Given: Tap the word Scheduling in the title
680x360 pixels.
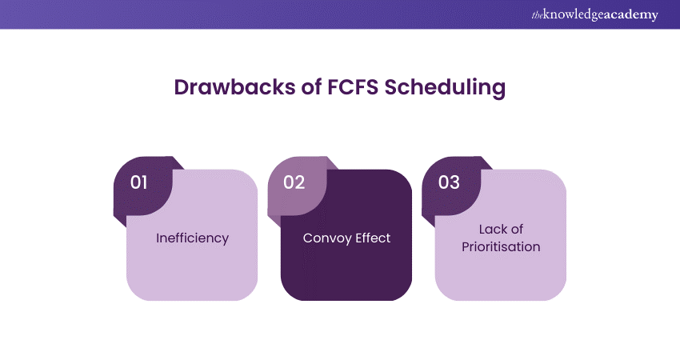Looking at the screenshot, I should pyautogui.click(x=445, y=88).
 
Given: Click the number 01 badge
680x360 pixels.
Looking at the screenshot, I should pyautogui.click(x=139, y=182).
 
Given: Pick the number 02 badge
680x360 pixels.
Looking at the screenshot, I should pyautogui.click(x=294, y=182).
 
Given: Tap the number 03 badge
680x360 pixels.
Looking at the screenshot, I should pyautogui.click(x=449, y=182).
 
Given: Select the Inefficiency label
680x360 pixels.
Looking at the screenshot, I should pyautogui.click(x=192, y=238).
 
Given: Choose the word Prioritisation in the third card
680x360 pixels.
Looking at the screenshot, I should pyautogui.click(x=501, y=247).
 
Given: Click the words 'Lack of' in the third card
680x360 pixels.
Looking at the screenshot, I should pyautogui.click(x=501, y=230).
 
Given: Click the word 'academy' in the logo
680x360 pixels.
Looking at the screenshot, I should pyautogui.click(x=631, y=15).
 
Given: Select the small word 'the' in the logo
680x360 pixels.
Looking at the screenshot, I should pyautogui.click(x=537, y=14).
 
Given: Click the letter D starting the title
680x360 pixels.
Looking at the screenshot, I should pyautogui.click(x=181, y=88).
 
